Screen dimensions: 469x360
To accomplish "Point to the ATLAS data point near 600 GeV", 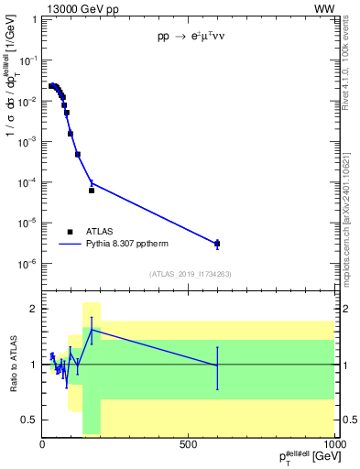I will (x=217, y=244).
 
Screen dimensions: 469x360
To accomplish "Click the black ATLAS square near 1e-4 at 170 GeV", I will (x=92, y=191).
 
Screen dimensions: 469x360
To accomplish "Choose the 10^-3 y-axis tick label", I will (x=29, y=142).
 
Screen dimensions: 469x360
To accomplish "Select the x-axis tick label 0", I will (x=43, y=443).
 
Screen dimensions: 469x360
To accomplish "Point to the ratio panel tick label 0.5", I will (x=30, y=420).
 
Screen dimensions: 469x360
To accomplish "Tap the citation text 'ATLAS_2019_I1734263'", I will (x=189, y=274).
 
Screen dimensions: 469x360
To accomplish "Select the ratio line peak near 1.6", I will (x=91, y=330).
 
